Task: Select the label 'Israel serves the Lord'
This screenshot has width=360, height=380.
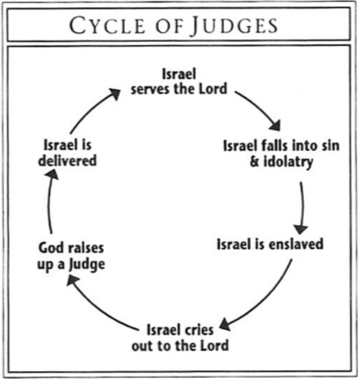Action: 178,81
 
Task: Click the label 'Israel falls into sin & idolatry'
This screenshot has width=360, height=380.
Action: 281,153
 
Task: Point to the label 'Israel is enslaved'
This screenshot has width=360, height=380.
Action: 270,244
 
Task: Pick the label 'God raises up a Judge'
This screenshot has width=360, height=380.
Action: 71,256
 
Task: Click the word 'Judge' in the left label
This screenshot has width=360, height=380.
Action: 87,264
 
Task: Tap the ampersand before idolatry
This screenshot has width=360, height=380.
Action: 255,161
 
